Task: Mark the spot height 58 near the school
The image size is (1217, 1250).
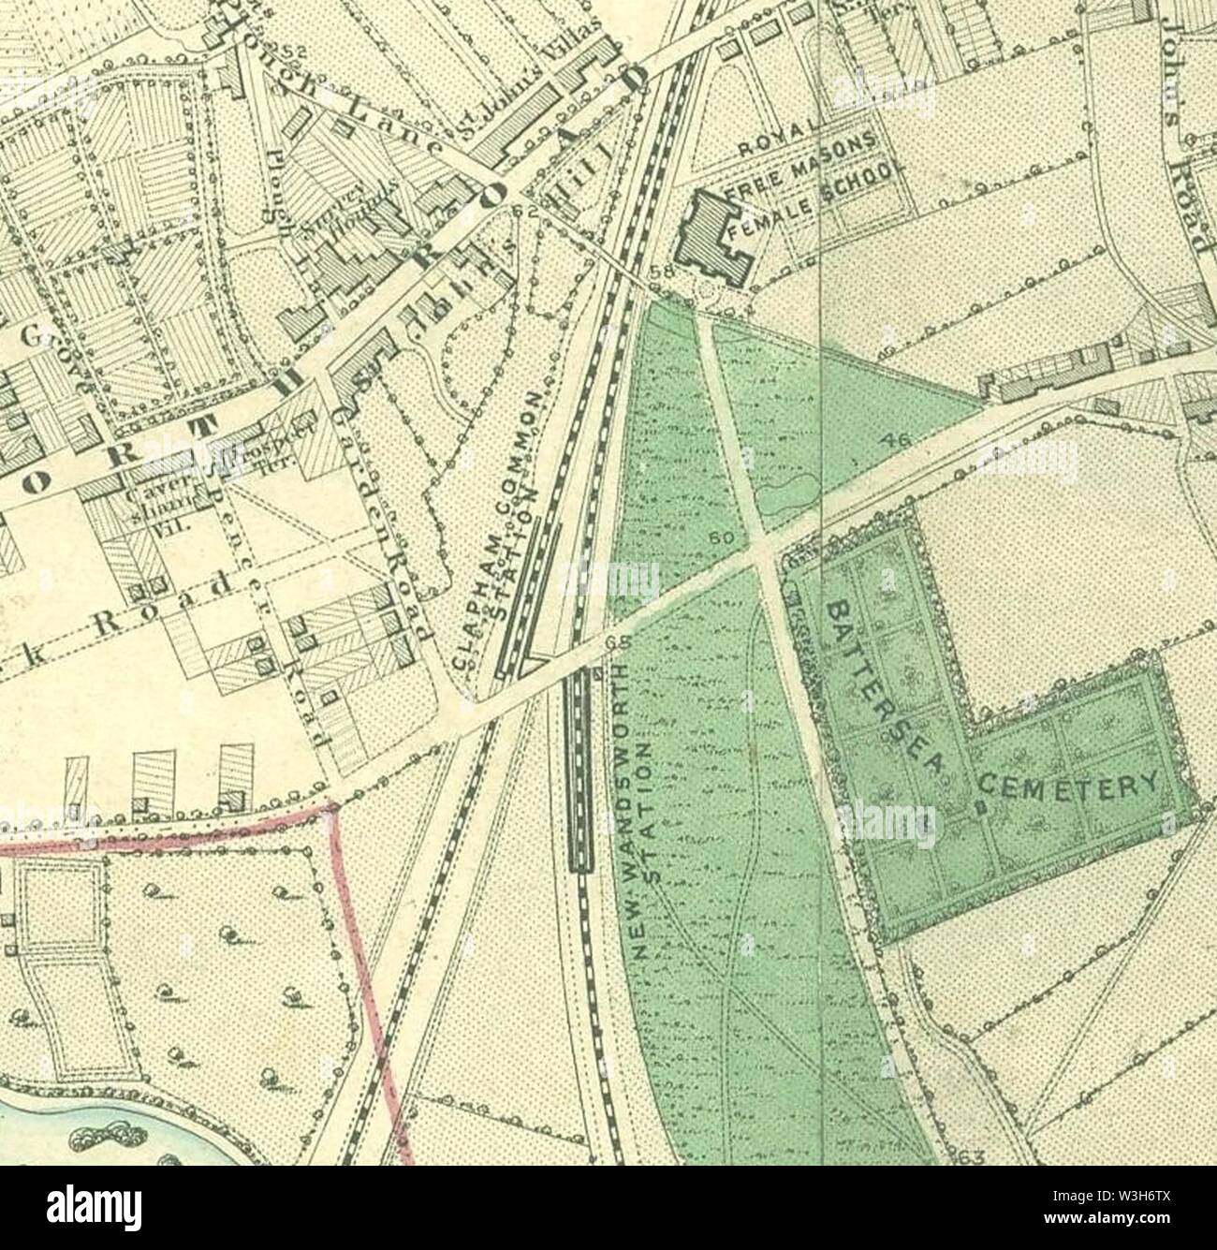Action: [x=662, y=272]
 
